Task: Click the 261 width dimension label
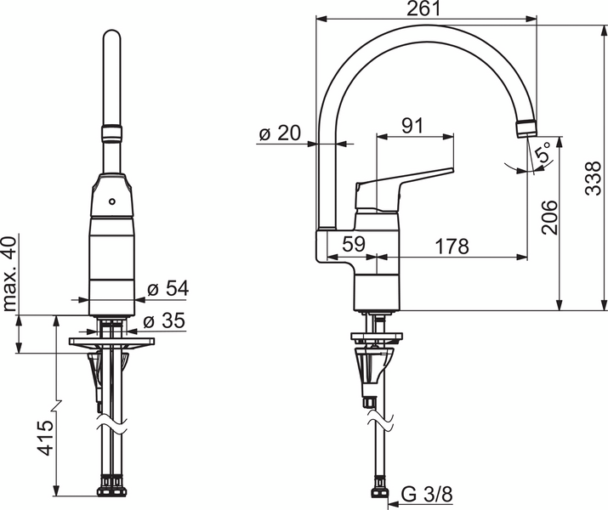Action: coord(423,8)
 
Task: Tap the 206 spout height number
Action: coord(549,217)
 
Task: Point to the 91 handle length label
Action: coord(413,126)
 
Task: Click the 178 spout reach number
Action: coord(452,246)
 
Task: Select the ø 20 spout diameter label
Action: coord(278,133)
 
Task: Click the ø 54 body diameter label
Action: coord(167,289)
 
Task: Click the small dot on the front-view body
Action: coord(111,202)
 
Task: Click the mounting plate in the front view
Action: coord(111,343)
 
